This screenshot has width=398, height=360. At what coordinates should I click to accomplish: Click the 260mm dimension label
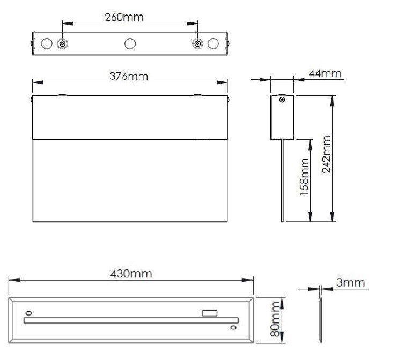pyautogui.click(x=124, y=17)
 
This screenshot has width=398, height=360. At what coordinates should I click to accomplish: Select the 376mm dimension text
pyautogui.click(x=129, y=76)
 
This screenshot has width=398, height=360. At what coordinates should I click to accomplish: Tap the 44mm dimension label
pyautogui.click(x=325, y=73)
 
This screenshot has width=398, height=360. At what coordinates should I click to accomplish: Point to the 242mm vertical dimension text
pyautogui.click(x=327, y=154)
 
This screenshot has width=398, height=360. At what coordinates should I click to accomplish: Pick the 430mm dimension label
pyautogui.click(x=131, y=274)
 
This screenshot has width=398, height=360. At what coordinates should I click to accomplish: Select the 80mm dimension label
pyautogui.click(x=275, y=319)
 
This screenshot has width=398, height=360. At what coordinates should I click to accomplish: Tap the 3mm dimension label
pyautogui.click(x=351, y=282)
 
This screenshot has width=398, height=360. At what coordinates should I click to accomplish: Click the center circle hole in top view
pyautogui.click(x=130, y=43)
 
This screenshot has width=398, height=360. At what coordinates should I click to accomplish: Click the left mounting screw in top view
pyautogui.click(x=62, y=43)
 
